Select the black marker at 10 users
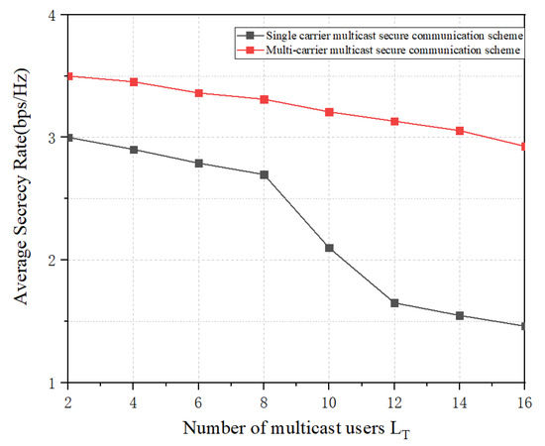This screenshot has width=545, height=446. click(x=328, y=248)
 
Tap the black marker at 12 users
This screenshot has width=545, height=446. click(x=394, y=302)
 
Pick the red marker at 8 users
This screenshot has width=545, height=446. click(x=264, y=99)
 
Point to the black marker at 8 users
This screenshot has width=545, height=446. click(x=264, y=174)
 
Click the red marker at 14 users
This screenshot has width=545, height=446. click(x=459, y=131)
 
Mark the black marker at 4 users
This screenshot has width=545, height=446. click(x=134, y=150)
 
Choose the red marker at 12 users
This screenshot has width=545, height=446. click(x=394, y=121)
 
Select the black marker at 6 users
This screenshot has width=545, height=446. click(x=199, y=163)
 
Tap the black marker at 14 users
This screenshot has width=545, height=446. click(x=459, y=315)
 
